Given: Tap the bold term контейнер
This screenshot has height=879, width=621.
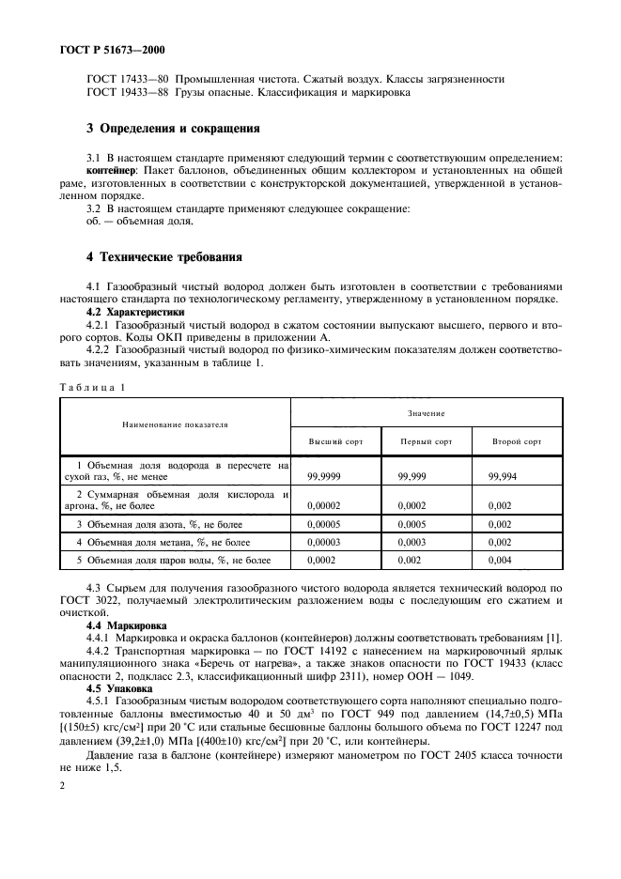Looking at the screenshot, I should click(110, 172).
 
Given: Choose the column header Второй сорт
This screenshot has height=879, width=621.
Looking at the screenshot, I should click(517, 440).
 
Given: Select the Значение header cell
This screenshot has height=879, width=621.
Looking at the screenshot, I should click(427, 413).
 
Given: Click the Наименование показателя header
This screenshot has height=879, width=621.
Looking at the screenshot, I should click(175, 425).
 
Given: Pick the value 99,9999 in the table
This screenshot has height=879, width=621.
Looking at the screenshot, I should click(324, 477).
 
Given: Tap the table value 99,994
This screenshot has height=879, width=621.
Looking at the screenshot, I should click(505, 477).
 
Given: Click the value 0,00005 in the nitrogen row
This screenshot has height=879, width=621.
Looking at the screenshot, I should click(326, 524).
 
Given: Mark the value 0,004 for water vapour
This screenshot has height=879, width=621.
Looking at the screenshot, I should click(501, 561).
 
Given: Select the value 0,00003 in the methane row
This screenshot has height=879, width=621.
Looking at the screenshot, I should click(326, 543).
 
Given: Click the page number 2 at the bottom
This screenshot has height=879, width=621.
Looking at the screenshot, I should click(62, 785).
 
